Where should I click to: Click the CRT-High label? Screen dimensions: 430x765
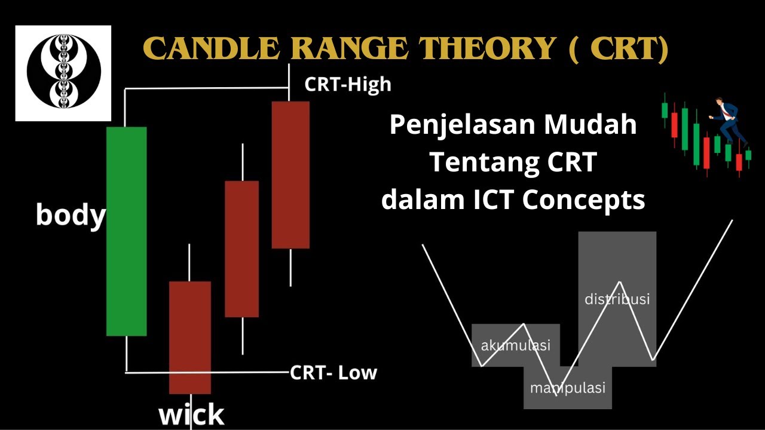[347, 84]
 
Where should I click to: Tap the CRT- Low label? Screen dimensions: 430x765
[333, 373]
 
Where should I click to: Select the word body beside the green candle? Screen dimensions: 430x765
[71, 215]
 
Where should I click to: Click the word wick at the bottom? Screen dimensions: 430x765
[191, 414]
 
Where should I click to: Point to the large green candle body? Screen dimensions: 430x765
[127, 231]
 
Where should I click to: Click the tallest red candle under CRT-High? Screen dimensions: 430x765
[290, 174]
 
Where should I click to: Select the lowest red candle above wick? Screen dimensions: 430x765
[190, 337]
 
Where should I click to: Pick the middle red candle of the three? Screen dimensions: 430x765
[241, 248]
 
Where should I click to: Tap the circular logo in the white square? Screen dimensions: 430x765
[63, 73]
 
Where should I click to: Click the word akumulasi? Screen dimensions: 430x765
[515, 345]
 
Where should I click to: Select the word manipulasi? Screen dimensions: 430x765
[568, 388]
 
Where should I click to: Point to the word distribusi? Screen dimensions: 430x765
[617, 299]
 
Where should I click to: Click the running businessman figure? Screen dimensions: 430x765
[729, 122]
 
